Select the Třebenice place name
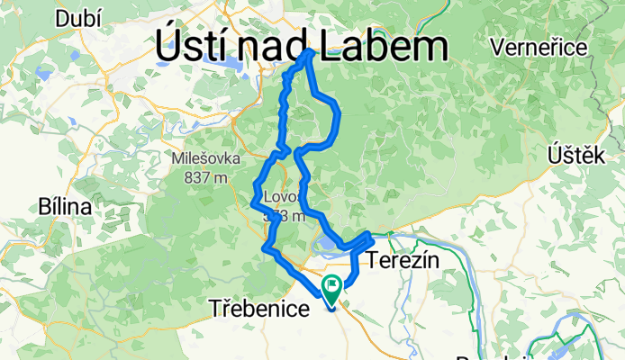(260, 307)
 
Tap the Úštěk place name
(575, 157)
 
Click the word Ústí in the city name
(193, 45)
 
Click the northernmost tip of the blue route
(311, 51)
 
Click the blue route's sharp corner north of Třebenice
(265, 247)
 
